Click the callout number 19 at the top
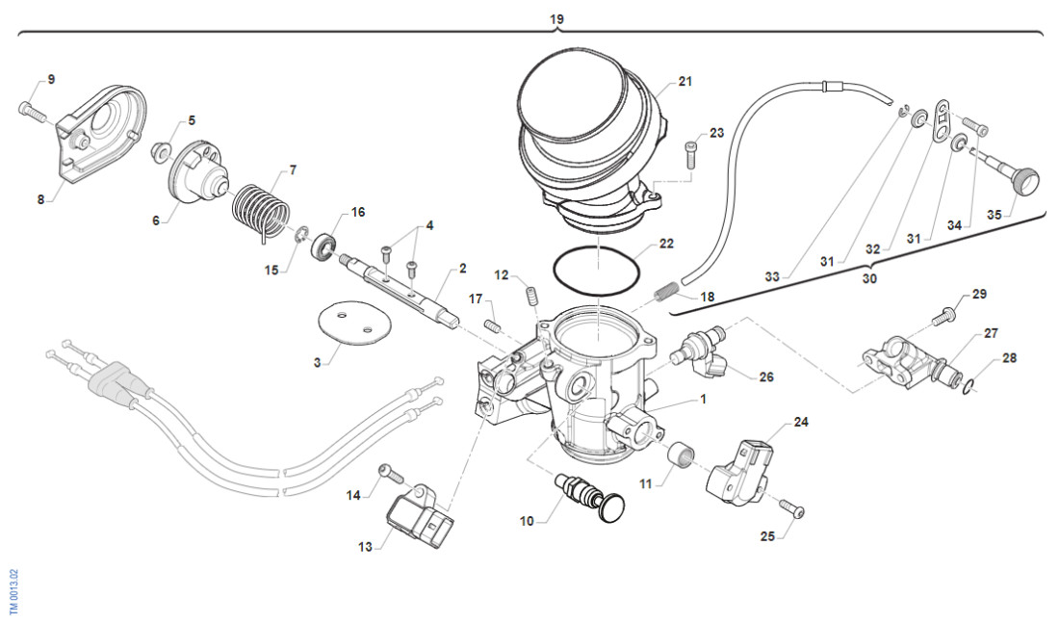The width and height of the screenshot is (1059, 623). [556, 19]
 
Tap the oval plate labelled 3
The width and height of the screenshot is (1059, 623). [348, 323]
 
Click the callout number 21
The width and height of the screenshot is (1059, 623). [684, 82]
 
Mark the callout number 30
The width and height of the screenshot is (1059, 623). [869, 279]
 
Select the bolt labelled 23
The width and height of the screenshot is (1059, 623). [690, 151]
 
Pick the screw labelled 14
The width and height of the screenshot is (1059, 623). [388, 472]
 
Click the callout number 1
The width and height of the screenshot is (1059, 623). [703, 398]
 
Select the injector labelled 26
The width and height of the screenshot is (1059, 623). [708, 349]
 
